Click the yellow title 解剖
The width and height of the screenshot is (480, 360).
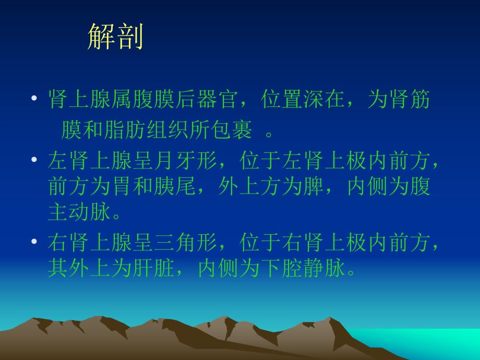[115, 37]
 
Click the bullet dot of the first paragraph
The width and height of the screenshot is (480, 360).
[34, 99]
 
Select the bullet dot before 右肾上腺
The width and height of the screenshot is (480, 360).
[34, 241]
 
